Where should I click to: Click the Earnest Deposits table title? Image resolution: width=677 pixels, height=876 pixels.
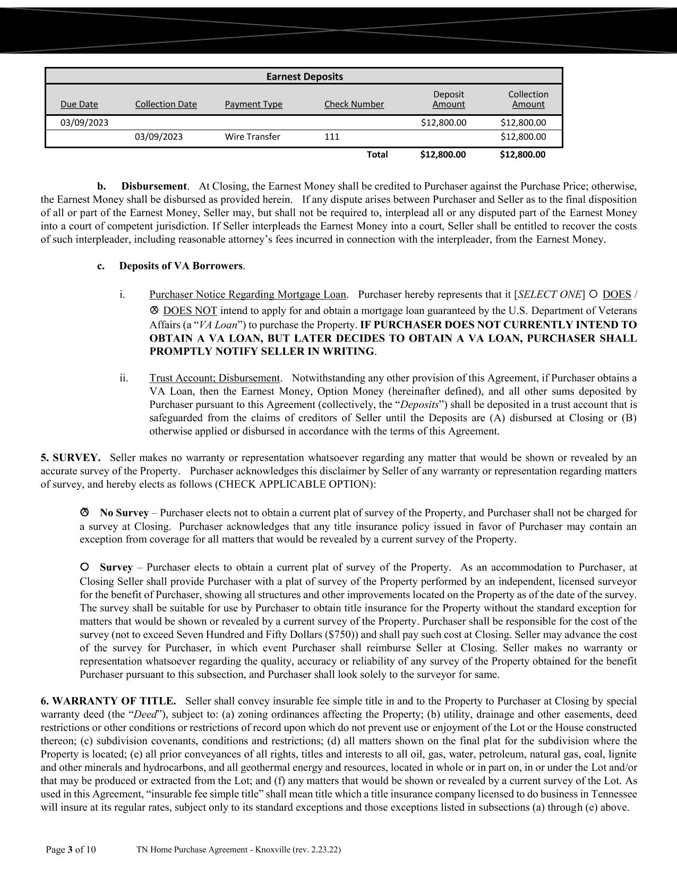(x=304, y=76)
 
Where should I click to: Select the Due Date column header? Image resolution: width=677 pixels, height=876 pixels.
(x=79, y=104)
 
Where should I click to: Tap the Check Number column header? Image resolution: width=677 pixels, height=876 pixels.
(x=354, y=104)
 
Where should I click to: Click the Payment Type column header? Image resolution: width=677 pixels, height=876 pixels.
(x=253, y=104)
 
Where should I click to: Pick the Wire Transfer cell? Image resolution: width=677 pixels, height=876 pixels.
(x=252, y=137)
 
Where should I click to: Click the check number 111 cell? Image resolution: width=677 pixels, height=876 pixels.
(x=332, y=137)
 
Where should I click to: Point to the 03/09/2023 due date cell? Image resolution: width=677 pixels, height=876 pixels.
(x=84, y=123)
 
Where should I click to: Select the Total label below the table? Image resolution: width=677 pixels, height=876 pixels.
(x=377, y=155)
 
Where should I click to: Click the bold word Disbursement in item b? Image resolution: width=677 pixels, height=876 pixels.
(x=154, y=186)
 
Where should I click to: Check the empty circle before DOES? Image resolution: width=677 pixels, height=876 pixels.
(x=594, y=294)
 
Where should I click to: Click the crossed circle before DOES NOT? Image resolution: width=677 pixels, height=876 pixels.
(x=155, y=310)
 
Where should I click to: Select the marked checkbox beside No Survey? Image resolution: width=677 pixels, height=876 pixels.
(x=84, y=512)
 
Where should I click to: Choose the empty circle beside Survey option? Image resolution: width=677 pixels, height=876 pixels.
(x=84, y=567)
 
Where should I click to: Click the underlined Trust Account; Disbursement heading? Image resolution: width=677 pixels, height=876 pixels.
(x=215, y=378)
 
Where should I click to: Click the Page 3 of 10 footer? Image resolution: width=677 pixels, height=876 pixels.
(x=71, y=849)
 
